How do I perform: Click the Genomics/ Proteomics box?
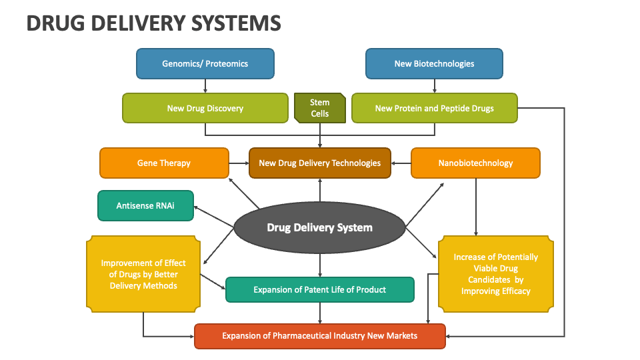point(205,64)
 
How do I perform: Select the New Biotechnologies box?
point(434,64)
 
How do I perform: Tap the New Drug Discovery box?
point(205,108)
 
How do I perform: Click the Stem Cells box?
point(320,108)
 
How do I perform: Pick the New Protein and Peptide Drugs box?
point(434,108)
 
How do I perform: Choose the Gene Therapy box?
point(164,163)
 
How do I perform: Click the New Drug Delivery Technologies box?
point(320,163)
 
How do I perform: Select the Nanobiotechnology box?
point(475,163)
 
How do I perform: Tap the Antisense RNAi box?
point(145,205)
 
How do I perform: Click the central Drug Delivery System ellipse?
point(320,227)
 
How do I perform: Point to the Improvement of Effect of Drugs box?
point(143,274)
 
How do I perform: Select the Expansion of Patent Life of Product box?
point(320,290)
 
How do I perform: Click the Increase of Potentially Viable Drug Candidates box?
point(495,274)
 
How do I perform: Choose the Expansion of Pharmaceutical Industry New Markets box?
point(320,335)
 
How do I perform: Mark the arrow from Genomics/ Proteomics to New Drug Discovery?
point(205,86)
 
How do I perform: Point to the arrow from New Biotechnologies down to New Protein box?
point(434,86)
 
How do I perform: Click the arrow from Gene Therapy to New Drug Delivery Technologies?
point(239,163)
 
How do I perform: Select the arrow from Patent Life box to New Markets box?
point(320,313)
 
